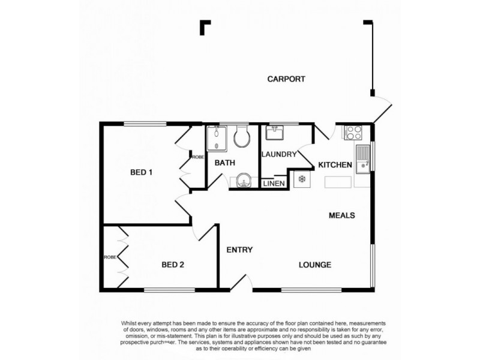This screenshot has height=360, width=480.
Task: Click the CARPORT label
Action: (287, 79)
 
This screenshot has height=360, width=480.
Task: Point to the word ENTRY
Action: (239, 250)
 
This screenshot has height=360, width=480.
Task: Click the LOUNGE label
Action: (316, 265)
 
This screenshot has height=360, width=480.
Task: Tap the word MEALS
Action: (343, 215)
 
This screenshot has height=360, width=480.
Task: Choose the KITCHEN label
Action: (335, 165)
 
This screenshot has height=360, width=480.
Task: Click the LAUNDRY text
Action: (279, 154)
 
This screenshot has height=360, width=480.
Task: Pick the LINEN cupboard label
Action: (274, 183)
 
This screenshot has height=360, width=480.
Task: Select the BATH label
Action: (225, 163)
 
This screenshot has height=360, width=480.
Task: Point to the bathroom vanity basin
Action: (244, 180)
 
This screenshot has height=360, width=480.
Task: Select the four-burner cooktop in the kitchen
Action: (352, 132)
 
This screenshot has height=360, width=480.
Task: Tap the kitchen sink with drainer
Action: (362, 160)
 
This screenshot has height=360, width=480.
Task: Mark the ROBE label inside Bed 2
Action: (110, 257)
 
